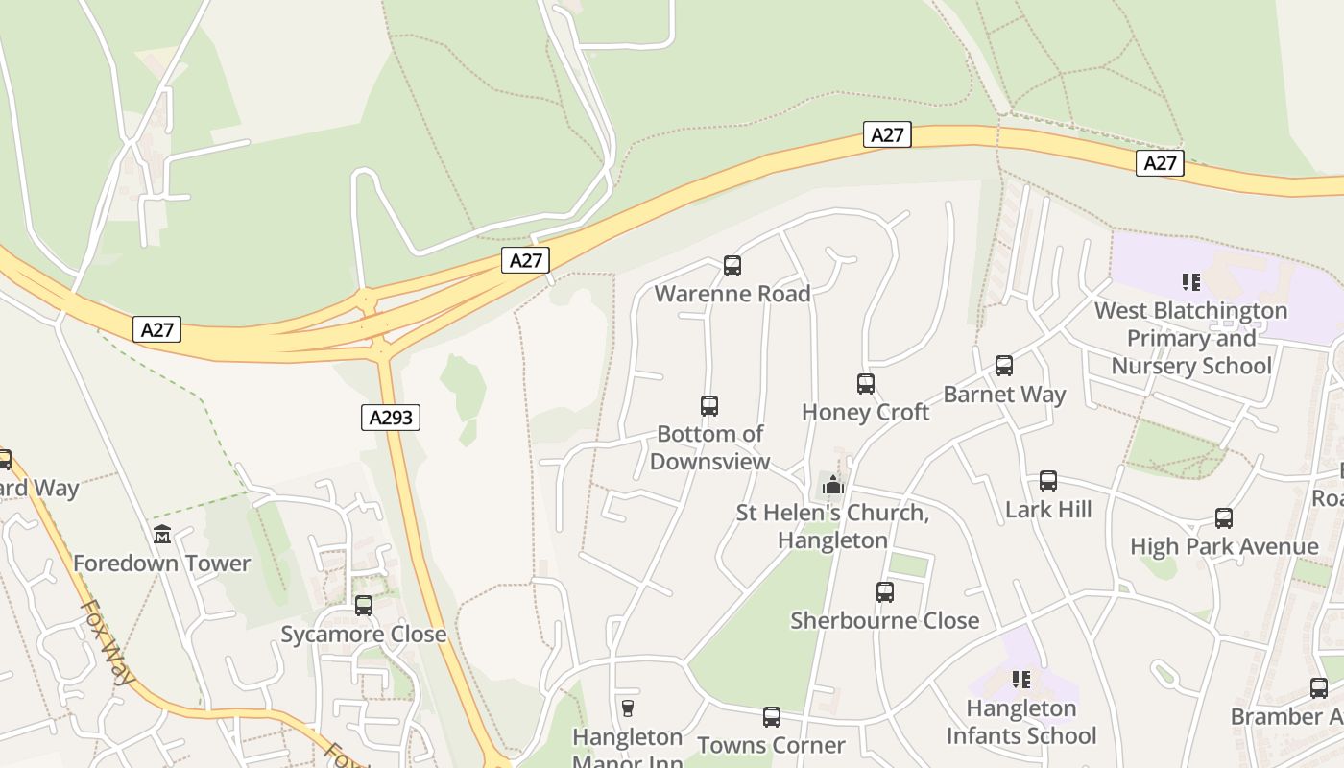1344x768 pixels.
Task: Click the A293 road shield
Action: (391, 417)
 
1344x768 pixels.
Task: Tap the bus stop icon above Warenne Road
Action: (732, 266)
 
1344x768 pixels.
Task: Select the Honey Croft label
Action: (865, 412)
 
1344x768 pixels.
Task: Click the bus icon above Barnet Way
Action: (1004, 366)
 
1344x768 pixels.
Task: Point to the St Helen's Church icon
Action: (832, 485)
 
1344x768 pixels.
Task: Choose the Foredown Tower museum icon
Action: (161, 535)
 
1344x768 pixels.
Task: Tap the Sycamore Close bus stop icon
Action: (364, 606)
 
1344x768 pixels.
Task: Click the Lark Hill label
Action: (1048, 509)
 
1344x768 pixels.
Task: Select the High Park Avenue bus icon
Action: (1224, 518)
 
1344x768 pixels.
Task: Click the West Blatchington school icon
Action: (1191, 282)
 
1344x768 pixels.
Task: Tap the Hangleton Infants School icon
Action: (1021, 680)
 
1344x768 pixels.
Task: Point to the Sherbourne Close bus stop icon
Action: (885, 592)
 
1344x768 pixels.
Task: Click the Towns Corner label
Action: (771, 745)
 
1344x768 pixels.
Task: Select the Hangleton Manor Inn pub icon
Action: (628, 708)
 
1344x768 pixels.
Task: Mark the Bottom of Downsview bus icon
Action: (709, 406)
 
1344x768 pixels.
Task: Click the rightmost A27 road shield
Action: (1160, 163)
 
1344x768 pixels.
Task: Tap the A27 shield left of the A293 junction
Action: (156, 330)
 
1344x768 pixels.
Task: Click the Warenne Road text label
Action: (732, 294)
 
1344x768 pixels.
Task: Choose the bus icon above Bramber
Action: (1319, 688)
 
